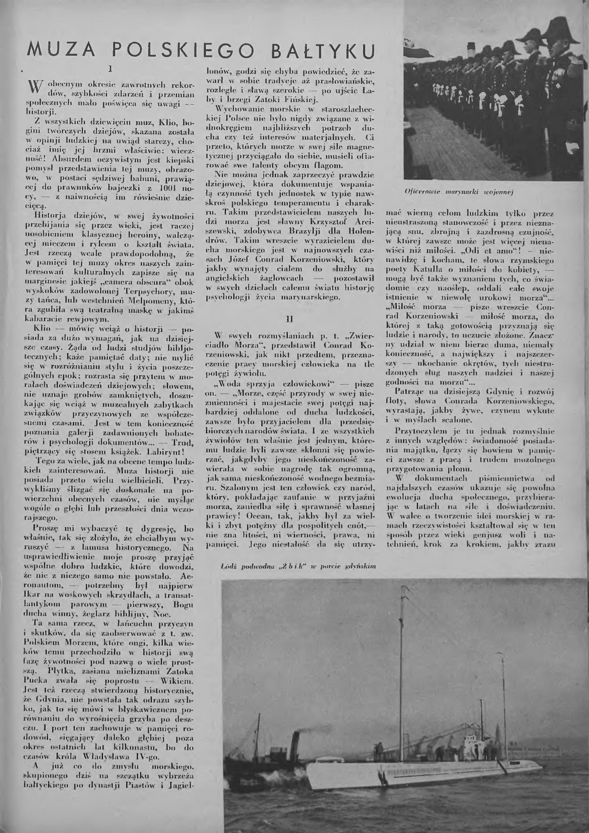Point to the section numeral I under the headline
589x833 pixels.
pos(110,69)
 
